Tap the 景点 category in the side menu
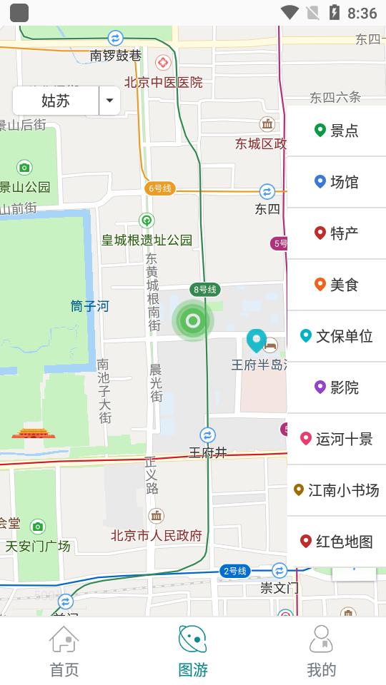pos(337,131)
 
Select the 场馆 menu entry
pos(337,182)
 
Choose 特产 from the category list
pos(337,233)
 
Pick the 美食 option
pos(337,285)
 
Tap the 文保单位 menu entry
pos(337,336)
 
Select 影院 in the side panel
pos(337,387)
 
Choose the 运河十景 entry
pos(337,439)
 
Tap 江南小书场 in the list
pos(337,490)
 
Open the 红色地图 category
pos(337,542)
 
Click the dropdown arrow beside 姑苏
pos(109,101)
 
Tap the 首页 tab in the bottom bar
pos(64,651)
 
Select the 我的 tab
pos(322,651)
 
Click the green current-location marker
pos(192,321)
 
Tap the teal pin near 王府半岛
pos(256,340)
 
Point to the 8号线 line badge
pos(204,289)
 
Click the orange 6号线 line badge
pos(160,188)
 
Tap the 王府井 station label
pos(207,452)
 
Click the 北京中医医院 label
pos(163,83)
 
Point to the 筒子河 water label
pos(90,306)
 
